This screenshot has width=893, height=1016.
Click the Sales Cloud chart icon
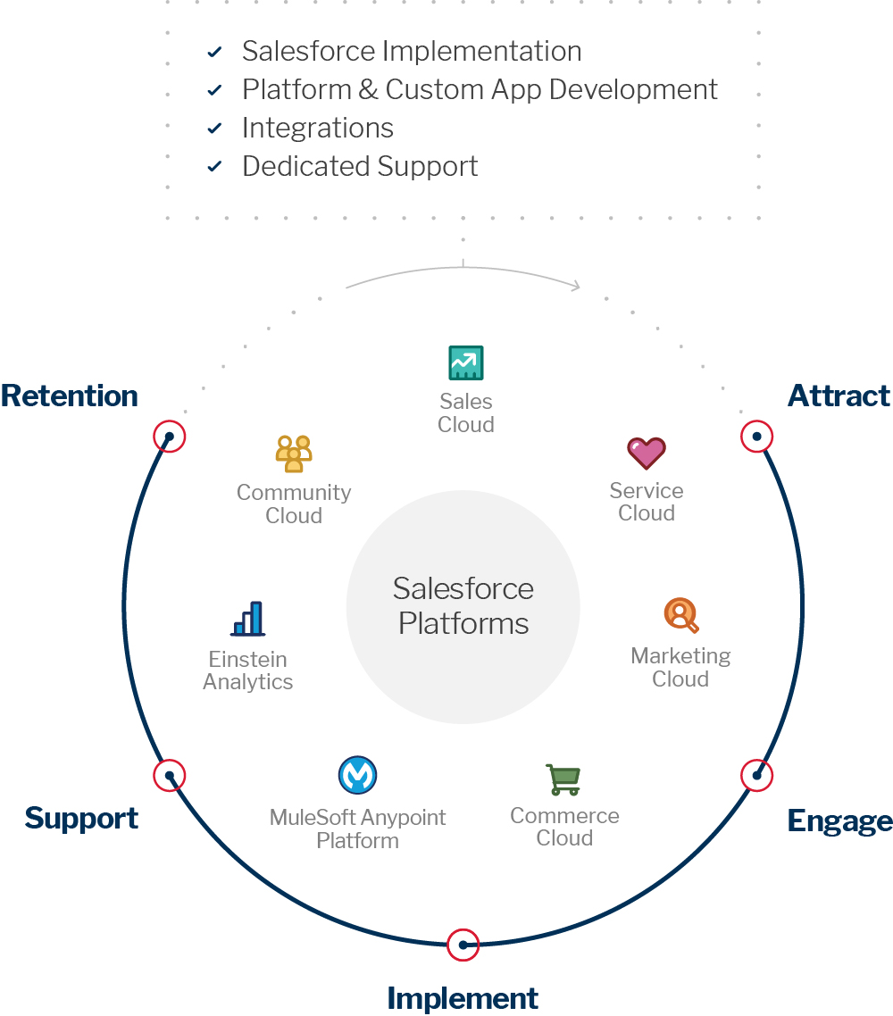click(465, 363)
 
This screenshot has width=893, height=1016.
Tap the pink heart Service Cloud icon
click(646, 454)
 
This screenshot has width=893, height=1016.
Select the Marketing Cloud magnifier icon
click(680, 615)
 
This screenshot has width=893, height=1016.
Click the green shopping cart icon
click(563, 779)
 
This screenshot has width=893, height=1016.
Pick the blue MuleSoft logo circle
click(357, 775)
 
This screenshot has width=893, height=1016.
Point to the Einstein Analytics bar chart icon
click(248, 619)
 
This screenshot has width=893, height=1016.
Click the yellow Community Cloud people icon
click(293, 454)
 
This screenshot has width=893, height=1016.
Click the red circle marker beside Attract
click(756, 437)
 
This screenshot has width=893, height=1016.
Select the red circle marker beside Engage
click(756, 775)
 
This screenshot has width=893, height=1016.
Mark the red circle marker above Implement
click(463, 945)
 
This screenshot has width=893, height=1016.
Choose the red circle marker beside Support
click(169, 775)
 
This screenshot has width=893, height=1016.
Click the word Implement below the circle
click(463, 998)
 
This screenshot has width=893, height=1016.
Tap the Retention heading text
click(70, 396)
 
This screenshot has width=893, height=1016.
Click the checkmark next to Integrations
click(214, 129)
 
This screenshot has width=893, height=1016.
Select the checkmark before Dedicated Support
click(214, 167)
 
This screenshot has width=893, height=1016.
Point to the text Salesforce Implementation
click(412, 52)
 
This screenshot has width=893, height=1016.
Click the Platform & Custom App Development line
click(480, 90)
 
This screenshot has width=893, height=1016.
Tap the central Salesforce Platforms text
click(463, 606)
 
